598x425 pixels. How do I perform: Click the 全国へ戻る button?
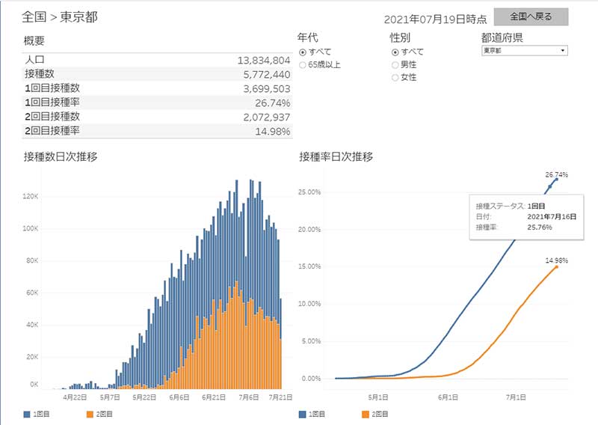(x=531, y=16)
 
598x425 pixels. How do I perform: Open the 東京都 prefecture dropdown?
(x=523, y=51)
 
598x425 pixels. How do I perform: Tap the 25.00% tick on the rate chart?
(x=309, y=192)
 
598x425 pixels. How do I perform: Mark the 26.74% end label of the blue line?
(x=557, y=174)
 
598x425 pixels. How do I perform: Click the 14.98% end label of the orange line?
(x=557, y=260)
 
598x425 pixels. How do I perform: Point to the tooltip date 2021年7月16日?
(x=551, y=215)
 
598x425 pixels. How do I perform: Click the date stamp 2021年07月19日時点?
(x=436, y=19)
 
